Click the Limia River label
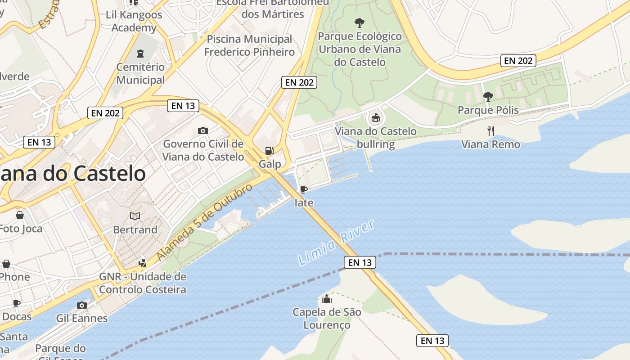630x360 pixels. (336, 243)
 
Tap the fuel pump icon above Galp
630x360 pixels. (269, 151)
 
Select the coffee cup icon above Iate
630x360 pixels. (304, 189)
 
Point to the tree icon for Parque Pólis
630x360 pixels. (488, 96)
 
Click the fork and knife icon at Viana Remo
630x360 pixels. (491, 131)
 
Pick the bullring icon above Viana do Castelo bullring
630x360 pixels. (375, 119)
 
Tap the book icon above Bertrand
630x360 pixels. (135, 216)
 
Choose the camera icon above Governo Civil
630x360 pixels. (203, 131)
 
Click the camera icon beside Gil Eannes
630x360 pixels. (82, 306)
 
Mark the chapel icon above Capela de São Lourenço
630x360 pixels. (327, 299)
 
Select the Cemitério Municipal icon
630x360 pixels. (140, 54)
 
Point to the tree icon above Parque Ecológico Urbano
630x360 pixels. (359, 22)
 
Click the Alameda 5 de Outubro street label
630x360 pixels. (205, 222)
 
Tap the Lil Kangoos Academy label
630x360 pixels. (134, 21)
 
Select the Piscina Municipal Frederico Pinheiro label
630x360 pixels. (249, 45)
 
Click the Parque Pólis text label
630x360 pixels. (488, 110)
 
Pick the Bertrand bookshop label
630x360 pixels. (135, 229)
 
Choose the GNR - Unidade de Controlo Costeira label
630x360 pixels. (143, 283)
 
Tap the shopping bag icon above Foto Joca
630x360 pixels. (19, 216)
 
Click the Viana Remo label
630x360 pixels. (490, 144)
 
